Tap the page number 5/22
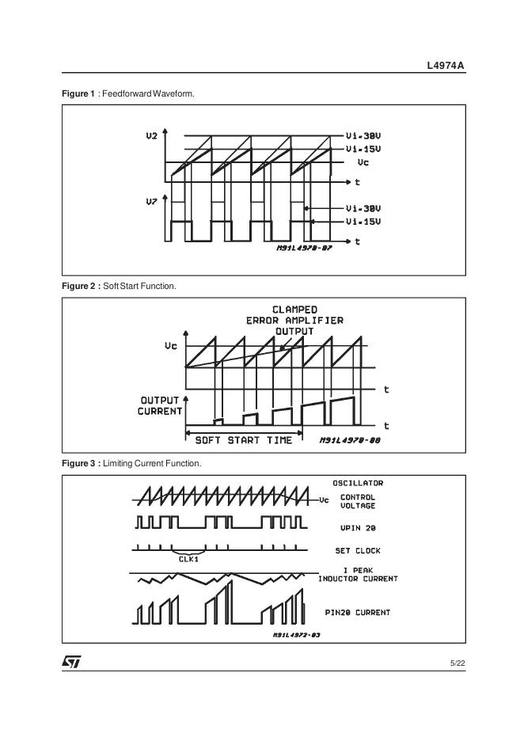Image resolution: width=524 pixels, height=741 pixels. point(457,663)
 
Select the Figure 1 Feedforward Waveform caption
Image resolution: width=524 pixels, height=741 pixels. point(128,94)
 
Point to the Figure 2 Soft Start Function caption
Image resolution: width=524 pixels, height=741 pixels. point(119,287)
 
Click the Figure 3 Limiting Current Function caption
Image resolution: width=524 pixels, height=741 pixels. point(131,463)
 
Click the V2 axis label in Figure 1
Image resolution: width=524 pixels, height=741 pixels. point(151,136)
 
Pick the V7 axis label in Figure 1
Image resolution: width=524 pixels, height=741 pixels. point(151,203)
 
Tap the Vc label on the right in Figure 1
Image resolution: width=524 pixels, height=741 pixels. point(363,162)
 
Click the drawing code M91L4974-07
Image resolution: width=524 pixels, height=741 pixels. point(304,248)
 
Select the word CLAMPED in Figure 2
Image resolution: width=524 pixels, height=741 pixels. point(294,310)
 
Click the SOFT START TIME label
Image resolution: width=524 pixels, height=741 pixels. point(243,440)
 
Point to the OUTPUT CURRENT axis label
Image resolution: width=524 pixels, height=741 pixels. point(160,406)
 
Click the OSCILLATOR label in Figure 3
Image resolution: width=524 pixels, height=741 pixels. point(358,483)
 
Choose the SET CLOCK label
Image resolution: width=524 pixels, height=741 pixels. point(358,550)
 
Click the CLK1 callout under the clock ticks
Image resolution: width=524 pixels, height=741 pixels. point(187,558)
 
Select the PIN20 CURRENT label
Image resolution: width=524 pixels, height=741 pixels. point(358,612)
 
